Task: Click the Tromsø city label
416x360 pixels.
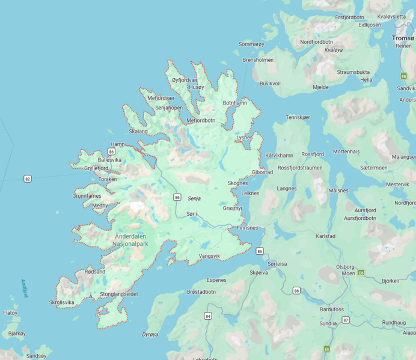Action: pyautogui.click(x=403, y=38)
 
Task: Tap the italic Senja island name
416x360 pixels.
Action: pyautogui.click(x=194, y=198)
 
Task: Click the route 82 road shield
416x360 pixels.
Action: pyautogui.click(x=28, y=178)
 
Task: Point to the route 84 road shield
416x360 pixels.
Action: pyautogui.click(x=208, y=316)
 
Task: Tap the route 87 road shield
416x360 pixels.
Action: pyautogui.click(x=346, y=320)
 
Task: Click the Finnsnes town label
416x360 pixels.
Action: pyautogui.click(x=247, y=228)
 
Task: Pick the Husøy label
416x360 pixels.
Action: pyautogui.click(x=197, y=87)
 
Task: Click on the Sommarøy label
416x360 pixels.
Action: pyautogui.click(x=251, y=44)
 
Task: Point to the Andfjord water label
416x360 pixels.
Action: pyautogui.click(x=24, y=288)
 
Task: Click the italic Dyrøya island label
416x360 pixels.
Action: pyautogui.click(x=150, y=334)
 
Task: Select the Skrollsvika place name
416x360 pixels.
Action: pyautogui.click(x=62, y=302)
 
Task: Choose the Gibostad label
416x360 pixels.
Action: pyautogui.click(x=262, y=172)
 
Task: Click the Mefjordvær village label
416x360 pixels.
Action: pyautogui.click(x=161, y=98)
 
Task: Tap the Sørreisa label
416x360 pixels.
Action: pyautogui.click(x=277, y=264)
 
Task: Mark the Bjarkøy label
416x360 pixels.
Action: pyautogui.click(x=17, y=333)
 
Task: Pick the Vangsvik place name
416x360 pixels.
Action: pyautogui.click(x=209, y=256)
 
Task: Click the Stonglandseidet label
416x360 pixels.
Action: pyautogui.click(x=119, y=294)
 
